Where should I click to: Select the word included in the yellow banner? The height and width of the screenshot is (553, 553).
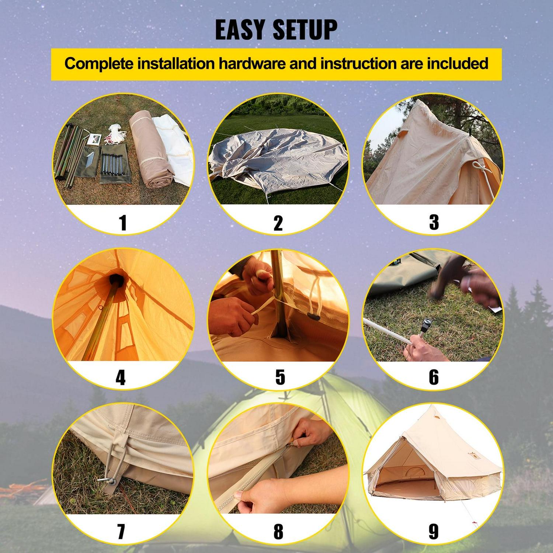click(x=458, y=64)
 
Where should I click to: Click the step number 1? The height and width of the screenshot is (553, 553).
click(x=123, y=223)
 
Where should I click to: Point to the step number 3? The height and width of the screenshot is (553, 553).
click(x=434, y=222)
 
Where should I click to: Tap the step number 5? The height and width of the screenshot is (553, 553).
click(x=280, y=377)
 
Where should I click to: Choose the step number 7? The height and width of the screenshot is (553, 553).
click(x=121, y=532)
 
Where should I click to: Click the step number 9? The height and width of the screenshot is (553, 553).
click(x=434, y=532)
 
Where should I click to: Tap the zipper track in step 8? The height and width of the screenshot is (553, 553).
click(x=254, y=479)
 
